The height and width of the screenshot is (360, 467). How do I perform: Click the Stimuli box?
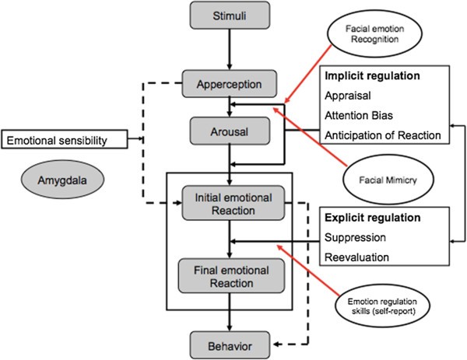(x=227, y=15)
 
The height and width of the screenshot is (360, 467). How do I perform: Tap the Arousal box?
(x=227, y=131)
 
